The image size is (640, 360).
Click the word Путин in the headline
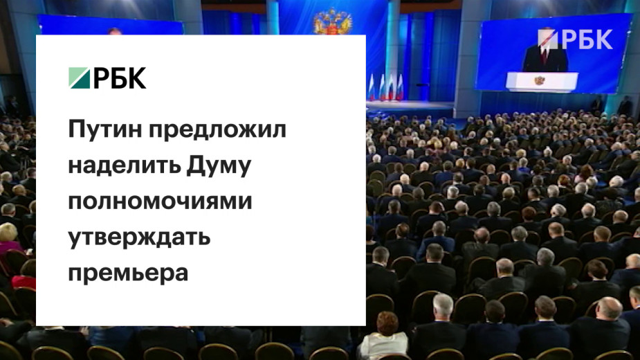[105, 129]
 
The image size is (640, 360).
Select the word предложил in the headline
[217, 130]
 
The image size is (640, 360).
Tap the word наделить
[125, 165]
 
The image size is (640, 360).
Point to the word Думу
[219, 166]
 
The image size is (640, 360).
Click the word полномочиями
[160, 201]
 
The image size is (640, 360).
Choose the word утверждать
[139, 237]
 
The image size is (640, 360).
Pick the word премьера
[128, 273]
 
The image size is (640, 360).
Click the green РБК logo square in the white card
[79, 78]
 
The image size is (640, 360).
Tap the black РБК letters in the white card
[120, 78]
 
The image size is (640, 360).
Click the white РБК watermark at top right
[575, 39]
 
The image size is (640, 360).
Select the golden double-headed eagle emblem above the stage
[333, 21]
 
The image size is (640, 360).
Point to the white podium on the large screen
[542, 81]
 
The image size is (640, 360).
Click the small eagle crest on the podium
[540, 80]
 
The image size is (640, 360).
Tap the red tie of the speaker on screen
[544, 55]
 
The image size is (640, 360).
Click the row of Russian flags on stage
[385, 87]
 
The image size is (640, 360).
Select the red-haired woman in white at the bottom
[383, 335]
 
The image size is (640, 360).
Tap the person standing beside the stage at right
[624, 106]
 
